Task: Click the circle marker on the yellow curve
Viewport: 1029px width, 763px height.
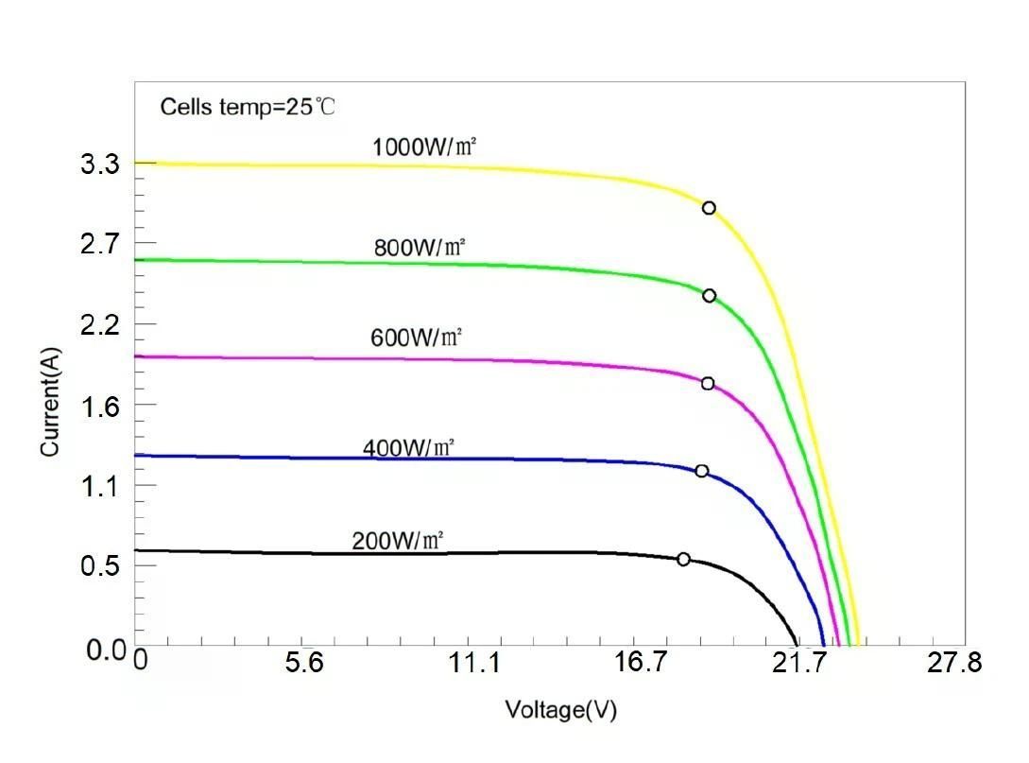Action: pos(709,208)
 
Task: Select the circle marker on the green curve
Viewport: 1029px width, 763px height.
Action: pos(709,296)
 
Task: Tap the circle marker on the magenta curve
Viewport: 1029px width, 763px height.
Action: pos(708,383)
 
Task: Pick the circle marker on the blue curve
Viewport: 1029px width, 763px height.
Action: pos(701,471)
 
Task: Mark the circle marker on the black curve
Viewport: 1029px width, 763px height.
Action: pos(683,559)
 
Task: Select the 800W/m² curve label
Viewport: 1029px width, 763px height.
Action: pos(420,248)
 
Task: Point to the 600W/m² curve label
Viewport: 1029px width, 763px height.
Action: pos(416,338)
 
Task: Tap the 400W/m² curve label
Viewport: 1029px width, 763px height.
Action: pos(408,447)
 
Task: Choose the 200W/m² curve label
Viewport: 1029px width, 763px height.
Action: pos(398,542)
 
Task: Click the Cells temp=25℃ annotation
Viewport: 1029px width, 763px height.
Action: pos(247,106)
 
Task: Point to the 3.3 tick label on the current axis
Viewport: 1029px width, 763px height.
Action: pos(100,165)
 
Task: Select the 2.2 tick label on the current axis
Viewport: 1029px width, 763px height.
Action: pos(100,326)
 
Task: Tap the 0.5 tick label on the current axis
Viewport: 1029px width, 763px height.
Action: pos(100,566)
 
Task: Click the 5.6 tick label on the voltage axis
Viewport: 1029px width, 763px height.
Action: pos(304,664)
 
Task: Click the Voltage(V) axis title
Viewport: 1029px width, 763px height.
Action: pos(560,710)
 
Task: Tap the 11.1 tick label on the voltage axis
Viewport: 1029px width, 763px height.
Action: pos(474,664)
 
